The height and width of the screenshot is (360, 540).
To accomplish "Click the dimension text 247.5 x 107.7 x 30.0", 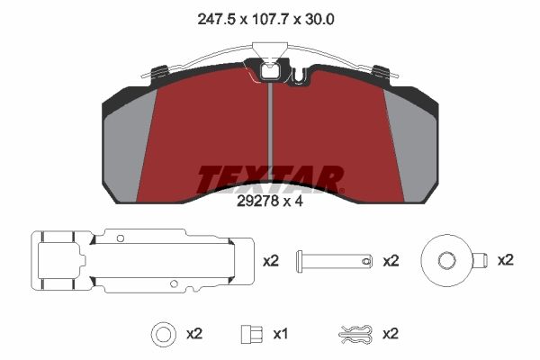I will pyautogui.click(x=270, y=15).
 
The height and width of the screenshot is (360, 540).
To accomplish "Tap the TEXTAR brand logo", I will pyautogui.click(x=270, y=179).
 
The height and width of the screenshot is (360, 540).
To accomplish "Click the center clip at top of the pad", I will pyautogui.click(x=270, y=70).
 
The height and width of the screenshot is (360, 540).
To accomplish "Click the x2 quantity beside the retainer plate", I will pyautogui.click(x=271, y=261).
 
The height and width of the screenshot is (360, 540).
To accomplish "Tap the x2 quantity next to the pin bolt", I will pyautogui.click(x=391, y=261).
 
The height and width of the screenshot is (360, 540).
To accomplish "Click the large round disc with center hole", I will pyautogui.click(x=446, y=260).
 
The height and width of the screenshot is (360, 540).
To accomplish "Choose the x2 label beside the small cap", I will pyautogui.click(x=506, y=260).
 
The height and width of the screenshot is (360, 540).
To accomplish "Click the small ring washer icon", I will pyautogui.click(x=163, y=334).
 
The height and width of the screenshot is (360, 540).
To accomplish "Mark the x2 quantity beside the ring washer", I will pyautogui.click(x=195, y=334).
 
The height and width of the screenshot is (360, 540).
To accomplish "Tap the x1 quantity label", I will pyautogui.click(x=280, y=334).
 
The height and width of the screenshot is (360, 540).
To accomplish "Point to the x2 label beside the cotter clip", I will pyautogui.click(x=391, y=334).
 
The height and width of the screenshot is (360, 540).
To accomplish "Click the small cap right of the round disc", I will pyautogui.click(x=480, y=260).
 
